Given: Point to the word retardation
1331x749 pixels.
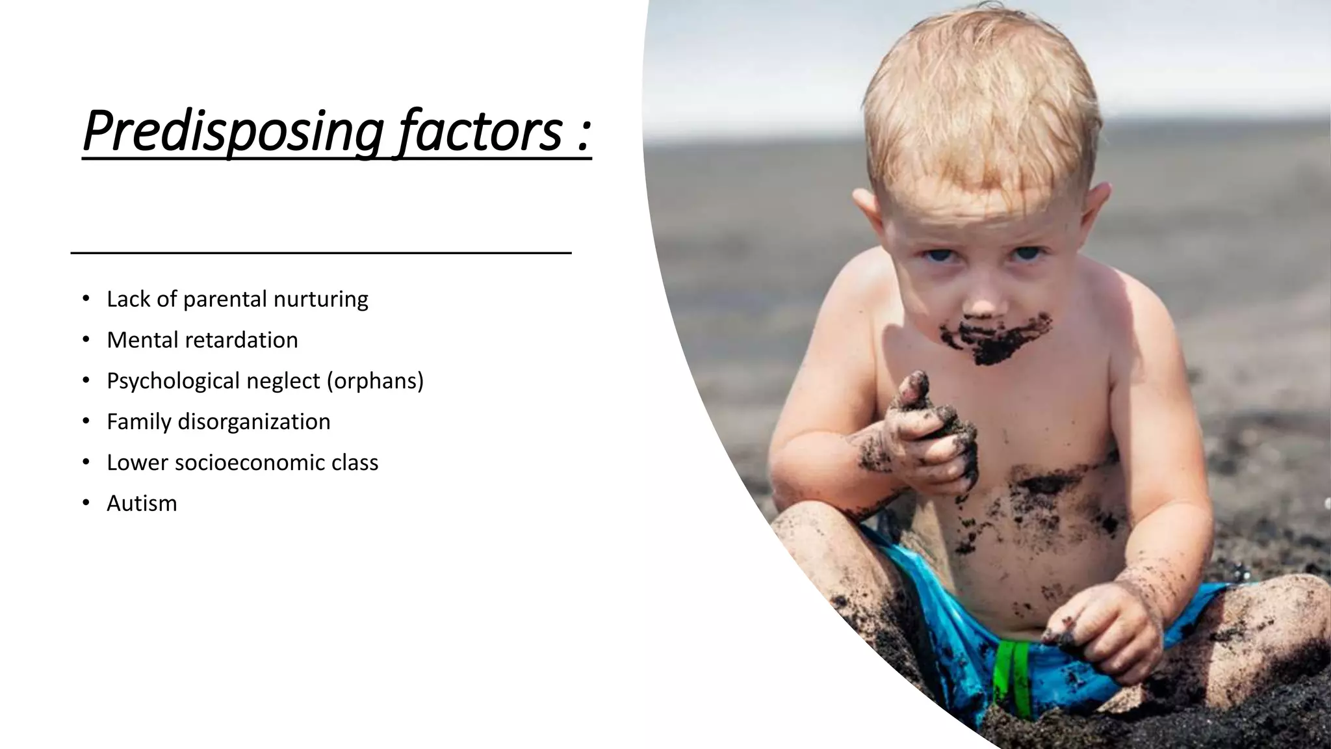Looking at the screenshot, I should (x=241, y=340).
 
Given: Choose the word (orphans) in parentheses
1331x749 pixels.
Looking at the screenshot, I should (x=375, y=381).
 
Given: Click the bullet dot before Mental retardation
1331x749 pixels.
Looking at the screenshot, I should (x=86, y=340).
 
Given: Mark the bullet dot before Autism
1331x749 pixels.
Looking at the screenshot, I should (x=86, y=503).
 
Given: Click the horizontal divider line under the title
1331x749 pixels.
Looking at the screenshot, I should (x=320, y=252).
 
